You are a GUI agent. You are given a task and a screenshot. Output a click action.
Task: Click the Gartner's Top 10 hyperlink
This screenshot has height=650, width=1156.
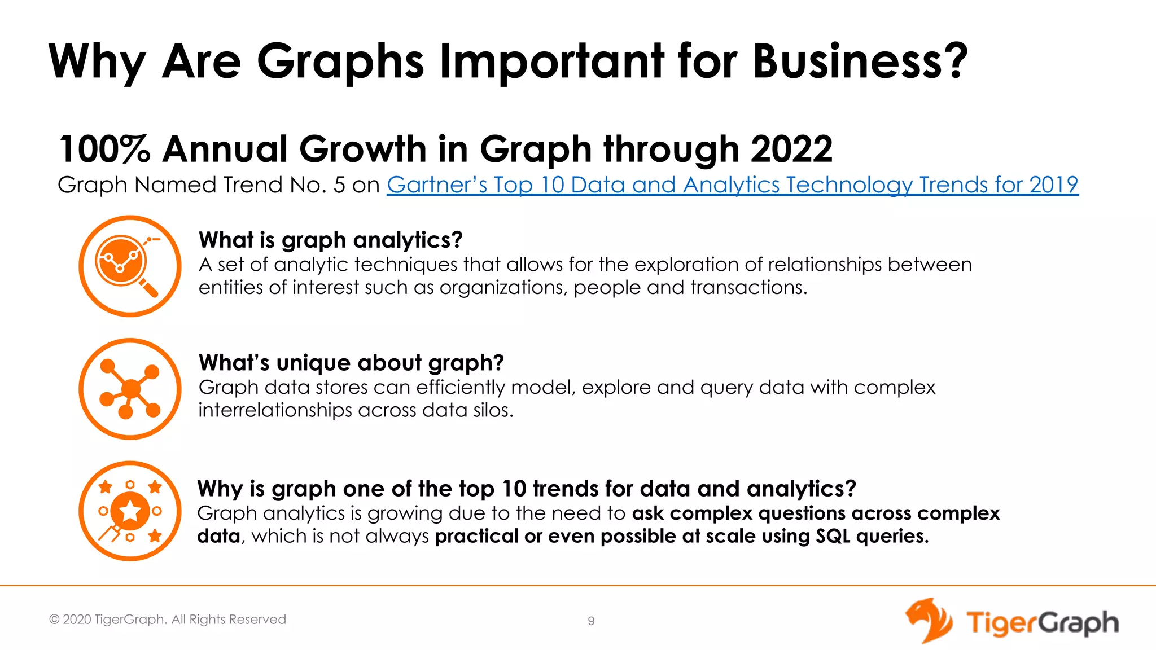point(732,185)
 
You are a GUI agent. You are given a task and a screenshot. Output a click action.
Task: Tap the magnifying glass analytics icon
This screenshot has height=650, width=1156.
point(130,266)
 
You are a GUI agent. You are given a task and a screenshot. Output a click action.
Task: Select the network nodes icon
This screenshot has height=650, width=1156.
point(130,389)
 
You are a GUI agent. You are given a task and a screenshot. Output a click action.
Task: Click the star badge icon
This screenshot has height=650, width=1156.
point(130,511)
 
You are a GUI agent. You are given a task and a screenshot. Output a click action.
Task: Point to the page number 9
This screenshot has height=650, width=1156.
point(591,621)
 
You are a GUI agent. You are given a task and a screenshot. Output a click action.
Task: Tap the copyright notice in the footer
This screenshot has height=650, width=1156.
point(168,620)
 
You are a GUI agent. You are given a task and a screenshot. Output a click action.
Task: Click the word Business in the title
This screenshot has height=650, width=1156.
point(860,62)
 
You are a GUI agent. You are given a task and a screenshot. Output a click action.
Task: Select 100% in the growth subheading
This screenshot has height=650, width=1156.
point(104,150)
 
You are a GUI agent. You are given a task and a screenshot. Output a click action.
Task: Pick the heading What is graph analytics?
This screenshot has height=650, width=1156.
point(330,240)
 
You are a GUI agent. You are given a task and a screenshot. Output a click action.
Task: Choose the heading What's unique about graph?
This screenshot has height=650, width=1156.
point(351,363)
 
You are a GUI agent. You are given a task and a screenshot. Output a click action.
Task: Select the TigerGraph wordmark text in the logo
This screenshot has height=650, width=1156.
point(1042,623)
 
